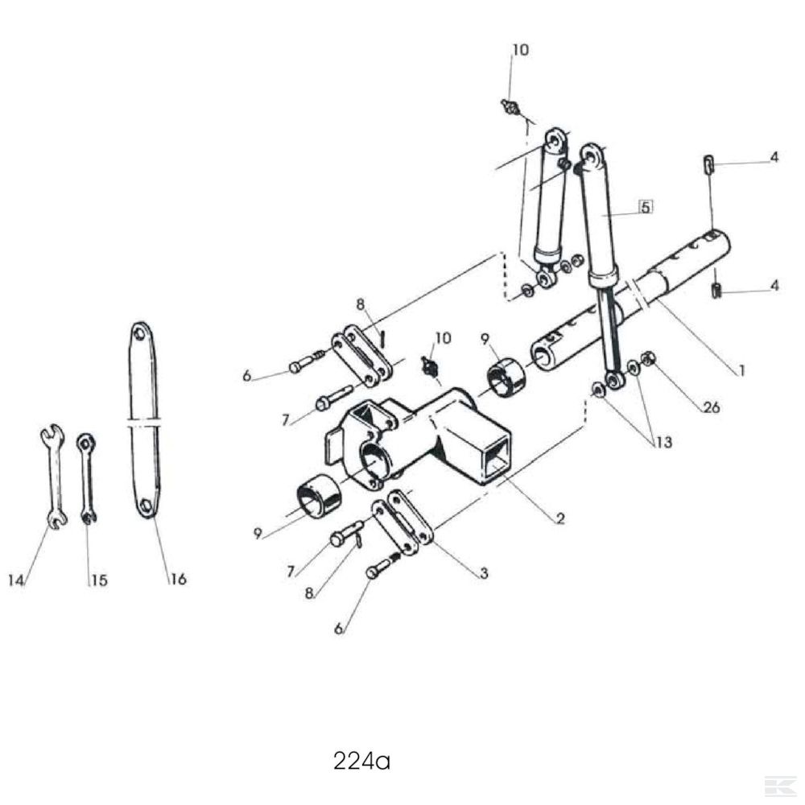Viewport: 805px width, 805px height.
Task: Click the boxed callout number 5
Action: [646, 207]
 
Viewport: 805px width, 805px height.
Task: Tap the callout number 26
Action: [711, 407]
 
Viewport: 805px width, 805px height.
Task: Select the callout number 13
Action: [663, 442]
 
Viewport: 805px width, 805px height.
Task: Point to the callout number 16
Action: [178, 579]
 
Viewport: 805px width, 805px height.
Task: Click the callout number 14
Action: [16, 580]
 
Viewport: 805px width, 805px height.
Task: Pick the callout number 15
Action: [99, 580]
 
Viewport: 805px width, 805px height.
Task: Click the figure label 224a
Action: [361, 761]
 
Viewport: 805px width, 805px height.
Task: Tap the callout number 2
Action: [560, 518]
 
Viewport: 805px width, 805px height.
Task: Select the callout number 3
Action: [483, 573]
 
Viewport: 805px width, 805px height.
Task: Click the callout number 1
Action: [741, 370]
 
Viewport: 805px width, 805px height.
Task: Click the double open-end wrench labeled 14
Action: [53, 476]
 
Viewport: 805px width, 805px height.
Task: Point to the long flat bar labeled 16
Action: [143, 420]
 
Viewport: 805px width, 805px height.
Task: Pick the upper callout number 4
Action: [774, 157]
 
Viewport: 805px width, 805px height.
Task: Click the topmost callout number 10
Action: [520, 50]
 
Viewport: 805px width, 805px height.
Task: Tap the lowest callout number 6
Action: [338, 629]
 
